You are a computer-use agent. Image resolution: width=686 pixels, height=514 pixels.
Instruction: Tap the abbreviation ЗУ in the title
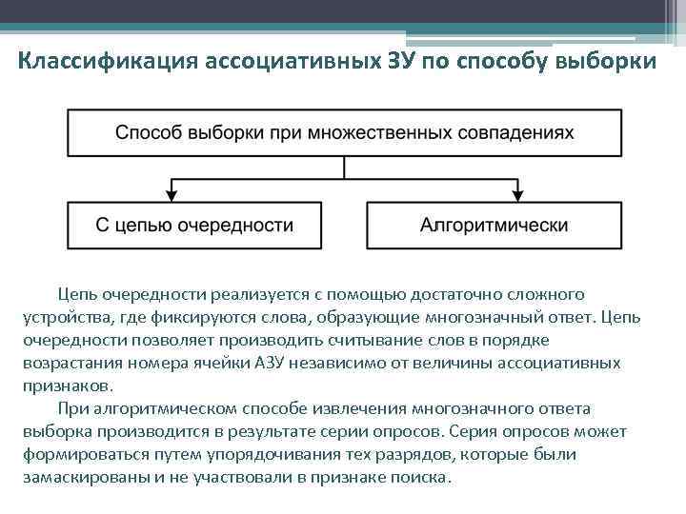click(402, 63)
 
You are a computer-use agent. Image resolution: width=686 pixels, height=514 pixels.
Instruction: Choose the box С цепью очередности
click(194, 226)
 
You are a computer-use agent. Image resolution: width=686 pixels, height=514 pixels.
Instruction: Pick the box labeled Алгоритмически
click(494, 226)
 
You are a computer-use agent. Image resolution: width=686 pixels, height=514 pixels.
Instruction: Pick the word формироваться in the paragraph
click(75, 455)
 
